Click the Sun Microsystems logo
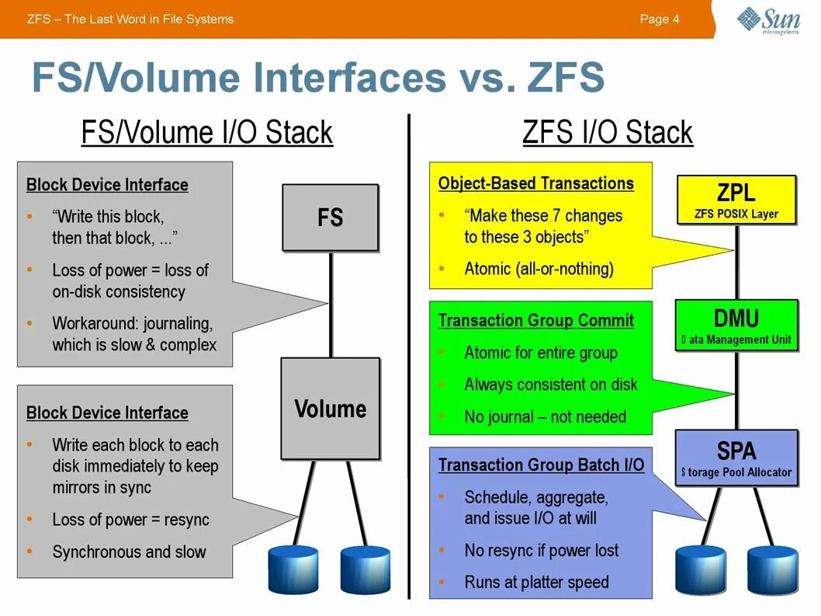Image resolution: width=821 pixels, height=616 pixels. [x=768, y=20]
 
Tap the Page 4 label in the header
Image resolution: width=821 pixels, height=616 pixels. [x=659, y=19]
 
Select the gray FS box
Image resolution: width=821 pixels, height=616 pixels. [x=330, y=218]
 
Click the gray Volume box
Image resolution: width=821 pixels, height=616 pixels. [x=330, y=409]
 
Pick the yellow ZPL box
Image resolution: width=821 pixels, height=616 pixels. [x=736, y=200]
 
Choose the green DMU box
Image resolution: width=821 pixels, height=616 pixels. [x=736, y=325]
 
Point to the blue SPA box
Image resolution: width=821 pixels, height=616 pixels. [x=736, y=458]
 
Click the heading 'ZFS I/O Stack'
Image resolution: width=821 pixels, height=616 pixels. [x=608, y=132]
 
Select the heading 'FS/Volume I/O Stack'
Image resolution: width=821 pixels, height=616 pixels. [x=206, y=132]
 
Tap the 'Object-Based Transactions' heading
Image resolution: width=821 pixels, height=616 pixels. [x=535, y=184]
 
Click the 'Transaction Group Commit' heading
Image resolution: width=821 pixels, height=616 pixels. [x=535, y=321]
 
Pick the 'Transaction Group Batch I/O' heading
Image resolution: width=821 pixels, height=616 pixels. [x=541, y=465]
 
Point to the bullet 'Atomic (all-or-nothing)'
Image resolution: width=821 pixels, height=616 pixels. [x=539, y=269]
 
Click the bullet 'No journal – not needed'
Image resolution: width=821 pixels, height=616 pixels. [x=545, y=416]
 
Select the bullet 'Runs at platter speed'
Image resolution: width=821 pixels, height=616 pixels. [x=536, y=582]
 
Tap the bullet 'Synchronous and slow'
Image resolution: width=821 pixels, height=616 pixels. [x=129, y=552]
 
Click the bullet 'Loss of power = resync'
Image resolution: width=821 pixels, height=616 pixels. [x=130, y=520]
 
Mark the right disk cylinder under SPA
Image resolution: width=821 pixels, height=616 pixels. [x=773, y=570]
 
